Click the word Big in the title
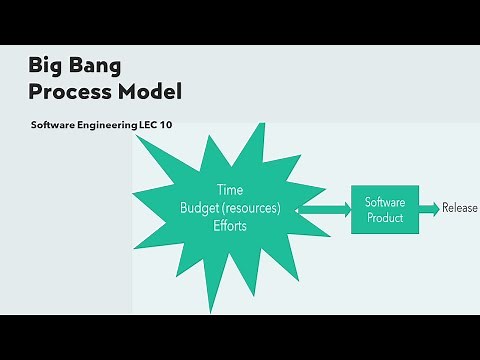point(47,68)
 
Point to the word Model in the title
point(150,93)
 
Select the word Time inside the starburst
point(230,190)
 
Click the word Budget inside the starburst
point(203,208)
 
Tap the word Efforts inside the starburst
point(230,226)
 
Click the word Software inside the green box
point(383,201)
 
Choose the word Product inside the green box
point(383,216)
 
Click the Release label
point(460,208)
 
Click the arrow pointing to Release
point(425,208)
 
